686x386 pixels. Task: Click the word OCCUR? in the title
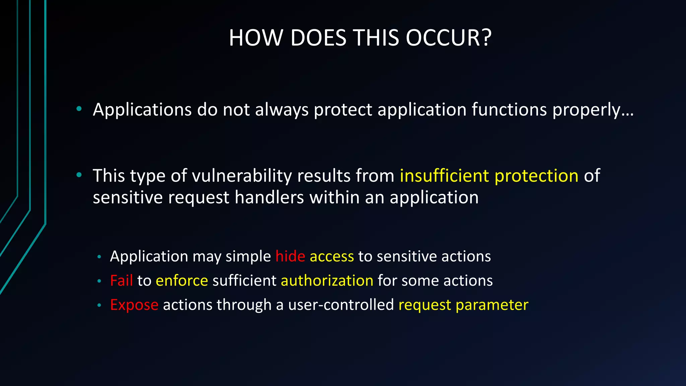(x=449, y=38)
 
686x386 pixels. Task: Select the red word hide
(x=290, y=256)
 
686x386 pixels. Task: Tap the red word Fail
(x=121, y=280)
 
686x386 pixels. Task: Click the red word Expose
(x=134, y=305)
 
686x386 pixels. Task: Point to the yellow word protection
(x=536, y=176)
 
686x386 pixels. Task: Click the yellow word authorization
(x=327, y=280)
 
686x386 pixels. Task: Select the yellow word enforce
(x=182, y=281)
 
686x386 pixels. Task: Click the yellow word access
(x=332, y=257)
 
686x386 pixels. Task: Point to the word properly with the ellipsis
(x=593, y=110)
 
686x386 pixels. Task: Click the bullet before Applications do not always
(x=79, y=109)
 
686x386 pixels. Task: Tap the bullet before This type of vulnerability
(x=79, y=175)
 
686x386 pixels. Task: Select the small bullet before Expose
(x=99, y=305)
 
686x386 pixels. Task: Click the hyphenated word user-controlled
(x=341, y=305)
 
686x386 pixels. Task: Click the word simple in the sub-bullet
(x=248, y=257)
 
